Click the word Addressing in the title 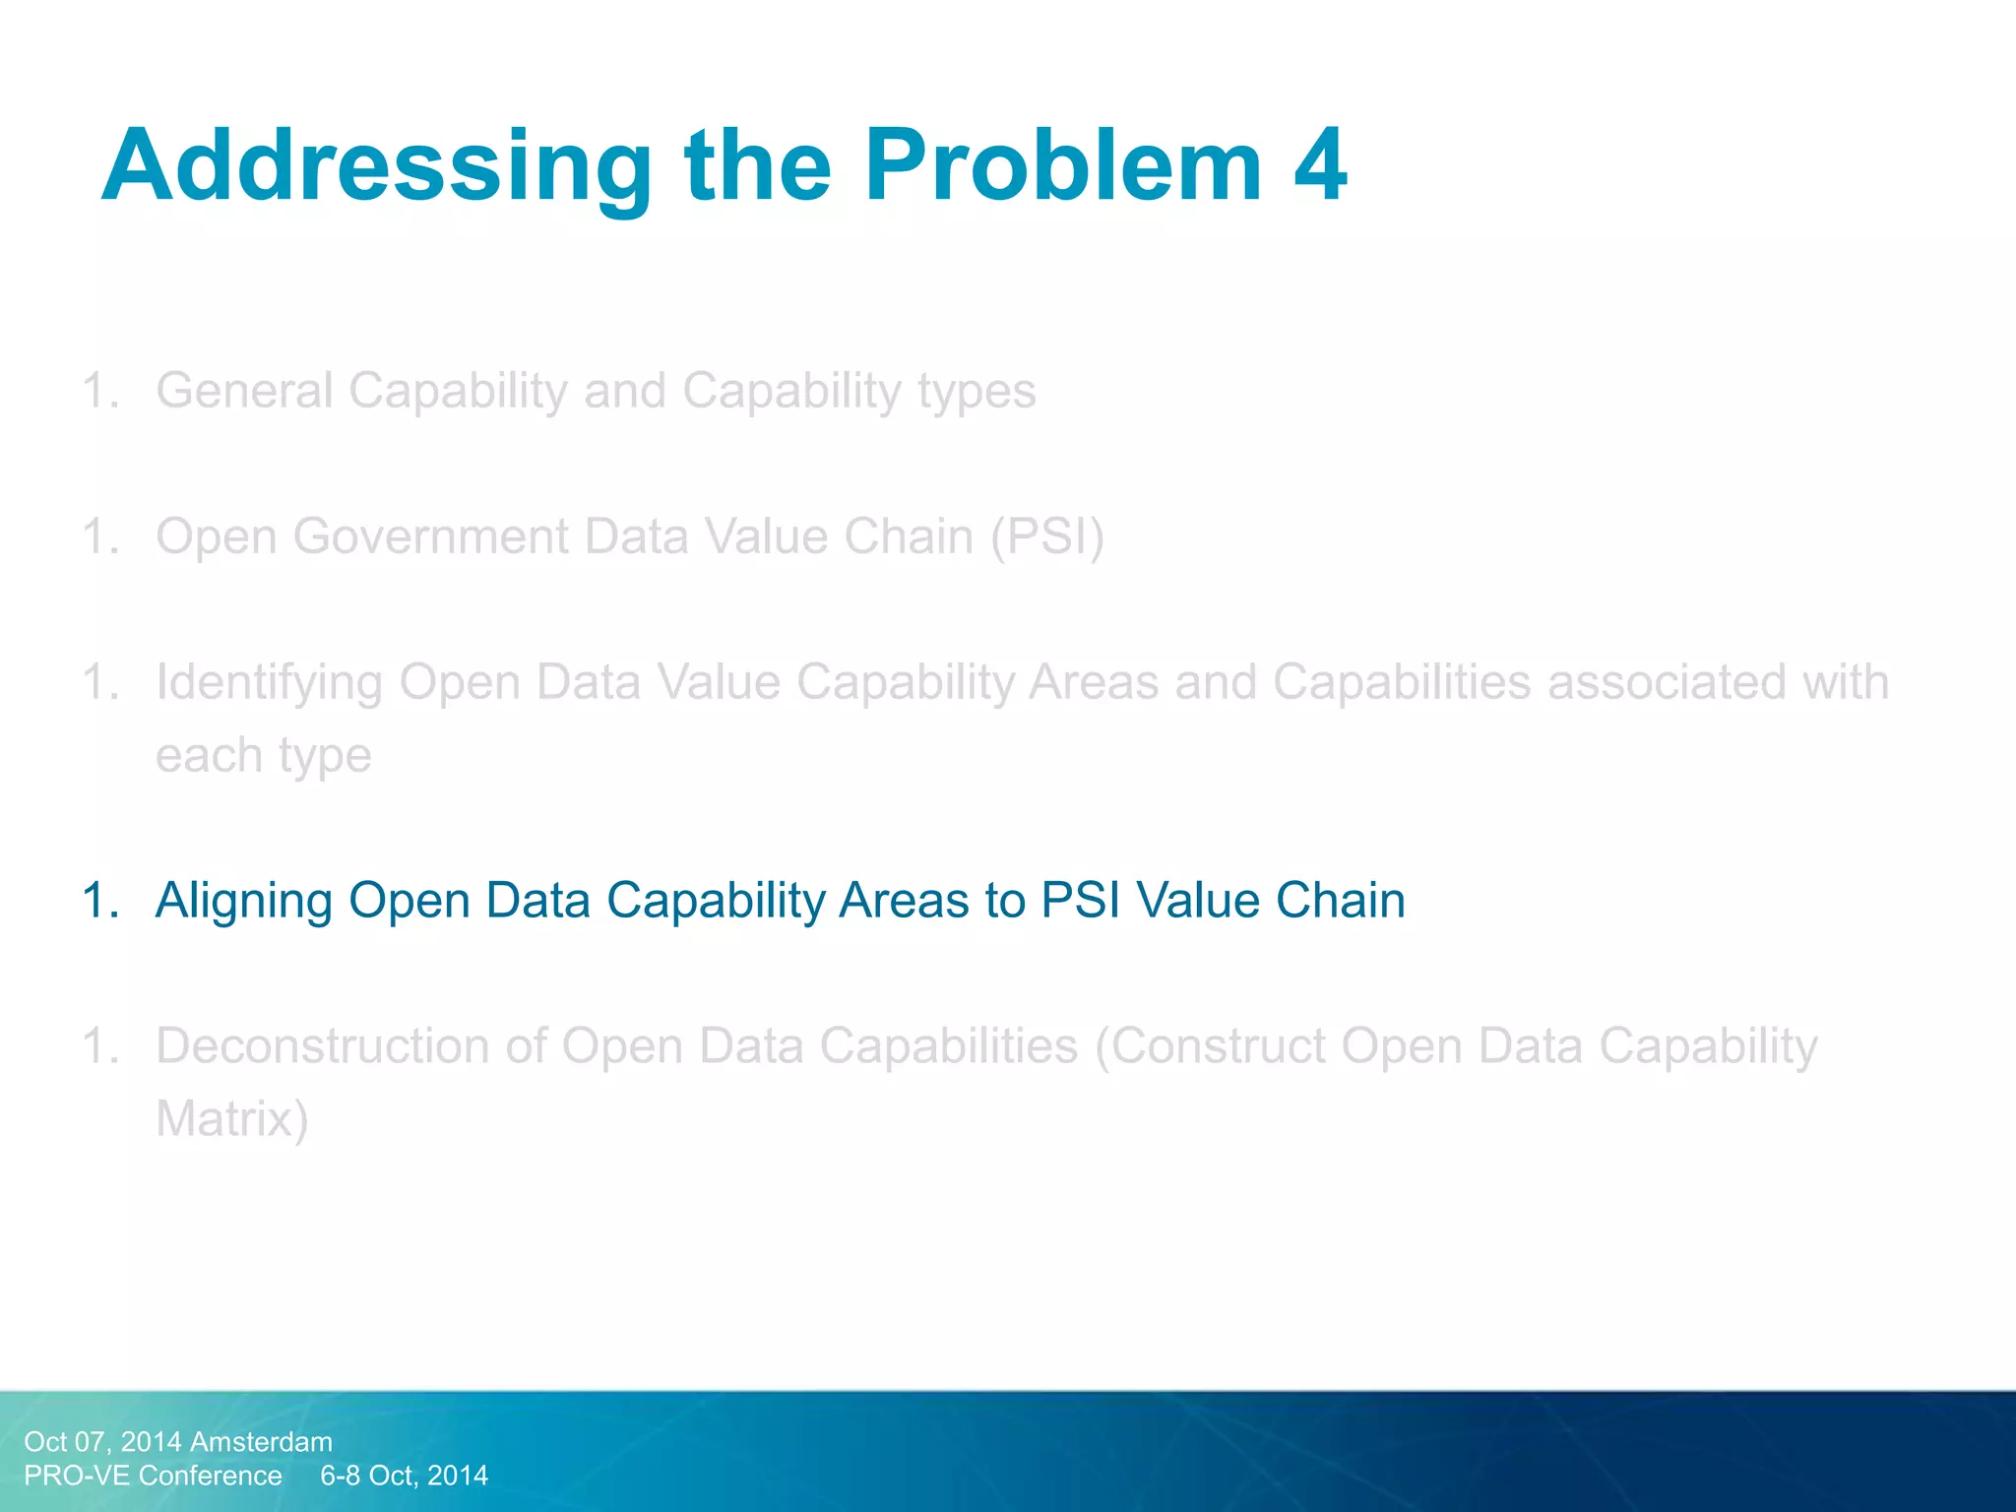coord(376,167)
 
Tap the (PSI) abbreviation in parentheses coord(1047,537)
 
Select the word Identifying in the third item coord(269,683)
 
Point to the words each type coord(263,756)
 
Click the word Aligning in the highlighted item coord(243,902)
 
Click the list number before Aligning coord(100,900)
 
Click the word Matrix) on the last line coord(232,1119)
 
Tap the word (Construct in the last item coord(1210,1045)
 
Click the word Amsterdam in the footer coord(261,1442)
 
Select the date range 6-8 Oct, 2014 coord(404,1476)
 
